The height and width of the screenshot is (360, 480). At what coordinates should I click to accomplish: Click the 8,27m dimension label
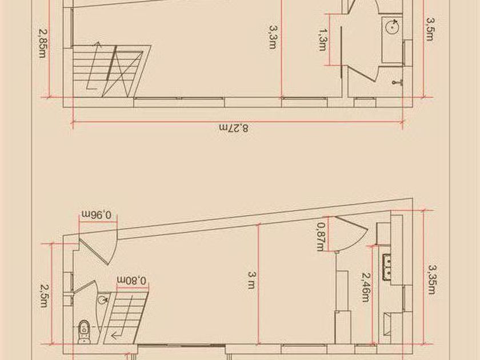click(234, 128)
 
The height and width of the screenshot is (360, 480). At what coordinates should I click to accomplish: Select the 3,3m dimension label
click(273, 37)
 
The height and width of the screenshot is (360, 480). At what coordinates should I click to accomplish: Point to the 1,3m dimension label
click(323, 39)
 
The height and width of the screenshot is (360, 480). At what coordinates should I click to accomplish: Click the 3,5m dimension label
click(430, 29)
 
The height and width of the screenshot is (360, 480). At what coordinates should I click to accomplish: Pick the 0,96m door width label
click(97, 214)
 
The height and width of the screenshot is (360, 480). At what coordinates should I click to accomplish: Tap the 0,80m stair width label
click(132, 280)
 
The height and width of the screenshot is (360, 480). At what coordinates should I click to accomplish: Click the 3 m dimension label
click(251, 280)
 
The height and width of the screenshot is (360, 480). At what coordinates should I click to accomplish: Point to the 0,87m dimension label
click(321, 237)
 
